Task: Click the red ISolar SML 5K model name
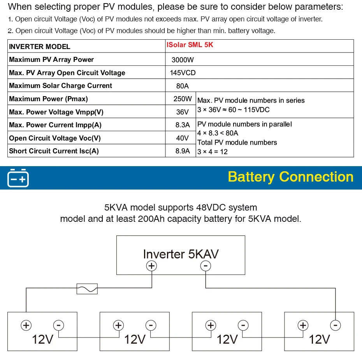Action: pos(190,45)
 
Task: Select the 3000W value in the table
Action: pos(183,60)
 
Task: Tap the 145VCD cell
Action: pos(183,73)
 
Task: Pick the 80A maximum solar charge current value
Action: pos(183,86)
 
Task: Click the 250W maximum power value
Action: pos(183,99)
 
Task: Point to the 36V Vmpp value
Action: pos(183,112)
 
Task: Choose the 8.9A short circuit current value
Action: pos(183,151)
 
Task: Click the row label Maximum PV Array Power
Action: pos(51,60)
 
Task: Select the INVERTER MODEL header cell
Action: pos(40,47)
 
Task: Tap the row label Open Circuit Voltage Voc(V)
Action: pos(55,138)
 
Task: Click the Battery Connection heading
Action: pos(290,177)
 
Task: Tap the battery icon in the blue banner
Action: pos(18,178)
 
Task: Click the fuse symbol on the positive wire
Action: pos(88,289)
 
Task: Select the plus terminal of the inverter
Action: pos(151,266)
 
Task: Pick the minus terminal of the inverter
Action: pos(206,266)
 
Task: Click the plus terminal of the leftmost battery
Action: pos(26,325)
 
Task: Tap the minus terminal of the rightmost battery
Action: pos(335,325)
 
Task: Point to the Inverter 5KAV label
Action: pos(181,254)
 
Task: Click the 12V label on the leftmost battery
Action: pos(42,339)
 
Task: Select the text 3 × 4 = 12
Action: pos(213,152)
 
